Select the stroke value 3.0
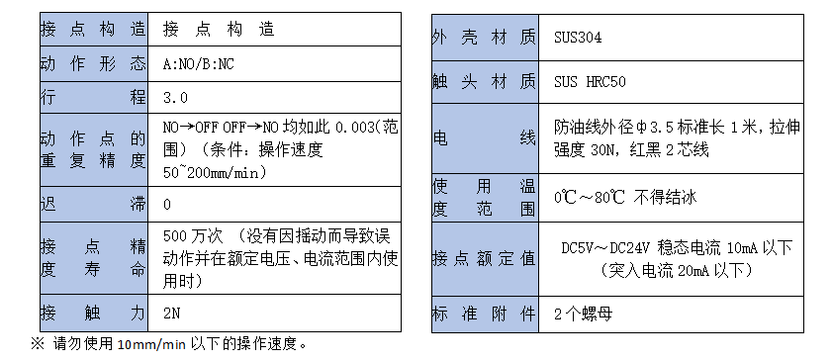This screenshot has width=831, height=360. pyautogui.click(x=175, y=97)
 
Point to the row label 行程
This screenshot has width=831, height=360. pyautogui.click(x=93, y=97)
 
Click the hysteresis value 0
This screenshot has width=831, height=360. pyautogui.click(x=167, y=204)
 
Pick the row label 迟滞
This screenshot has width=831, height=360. pyautogui.click(x=93, y=204)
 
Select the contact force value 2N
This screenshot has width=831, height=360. pyautogui.click(x=171, y=315)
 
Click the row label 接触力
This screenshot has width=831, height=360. pyautogui.click(x=93, y=315)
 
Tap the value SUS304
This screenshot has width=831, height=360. pyautogui.click(x=579, y=38)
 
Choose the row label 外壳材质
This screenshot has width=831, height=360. pyautogui.click(x=484, y=38)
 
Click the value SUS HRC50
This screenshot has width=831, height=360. pyautogui.click(x=590, y=81)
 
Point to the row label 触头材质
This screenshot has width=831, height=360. pyautogui.click(x=484, y=81)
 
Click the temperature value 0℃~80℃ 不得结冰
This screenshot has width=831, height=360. pyautogui.click(x=625, y=198)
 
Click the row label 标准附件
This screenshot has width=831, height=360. pyautogui.click(x=484, y=314)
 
